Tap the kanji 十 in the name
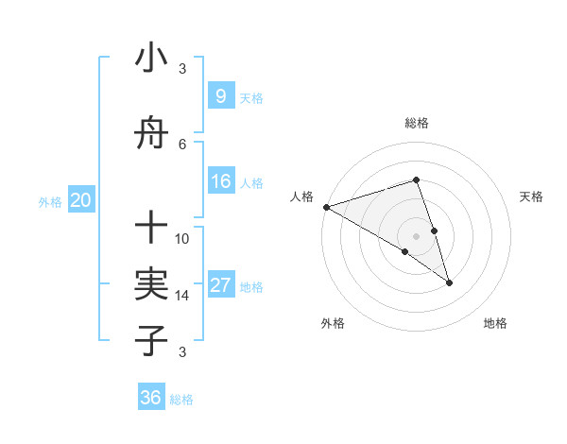(151, 227)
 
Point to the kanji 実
(151, 283)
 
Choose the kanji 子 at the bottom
(151, 340)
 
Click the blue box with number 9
(220, 95)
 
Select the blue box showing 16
(220, 182)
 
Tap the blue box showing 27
(220, 286)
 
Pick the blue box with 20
(80, 200)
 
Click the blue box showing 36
(151, 398)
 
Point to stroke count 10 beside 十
(182, 238)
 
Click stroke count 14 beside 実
(182, 295)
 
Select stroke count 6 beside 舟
(182, 144)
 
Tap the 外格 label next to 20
(50, 201)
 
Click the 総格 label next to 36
(181, 400)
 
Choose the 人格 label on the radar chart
(302, 196)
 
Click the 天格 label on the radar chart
(532, 196)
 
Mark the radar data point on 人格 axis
(326, 207)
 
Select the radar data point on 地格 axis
(449, 282)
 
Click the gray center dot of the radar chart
(417, 235)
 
